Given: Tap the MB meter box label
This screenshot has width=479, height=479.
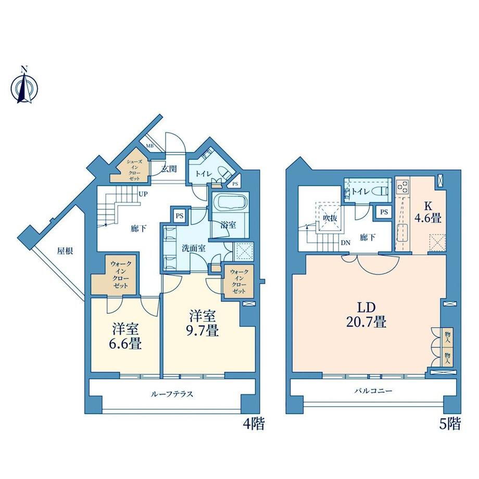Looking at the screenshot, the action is pos(149,146).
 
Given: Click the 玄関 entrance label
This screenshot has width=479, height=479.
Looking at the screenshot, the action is pos(169,169).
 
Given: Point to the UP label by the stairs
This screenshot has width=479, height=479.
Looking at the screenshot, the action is pos(143,194).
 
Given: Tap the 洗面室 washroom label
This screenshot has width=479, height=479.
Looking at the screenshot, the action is pos(193,248).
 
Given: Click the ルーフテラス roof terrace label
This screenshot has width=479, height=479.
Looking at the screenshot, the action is pos(172,394).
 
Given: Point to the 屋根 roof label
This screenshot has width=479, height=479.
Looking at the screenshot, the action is pos(65,251).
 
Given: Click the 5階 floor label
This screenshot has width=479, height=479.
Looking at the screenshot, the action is pos(450,424).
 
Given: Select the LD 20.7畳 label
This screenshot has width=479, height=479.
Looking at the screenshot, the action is pos(366,316).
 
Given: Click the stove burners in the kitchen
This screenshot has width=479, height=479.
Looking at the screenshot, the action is pos(402,186).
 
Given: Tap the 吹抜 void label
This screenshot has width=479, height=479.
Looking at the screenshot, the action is pos(330,219).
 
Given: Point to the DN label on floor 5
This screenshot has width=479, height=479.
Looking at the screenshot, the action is pos(346,243).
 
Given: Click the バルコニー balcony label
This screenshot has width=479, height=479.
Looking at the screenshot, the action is pos(373,390).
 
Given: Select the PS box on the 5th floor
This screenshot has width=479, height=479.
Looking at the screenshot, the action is pos(384,212).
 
